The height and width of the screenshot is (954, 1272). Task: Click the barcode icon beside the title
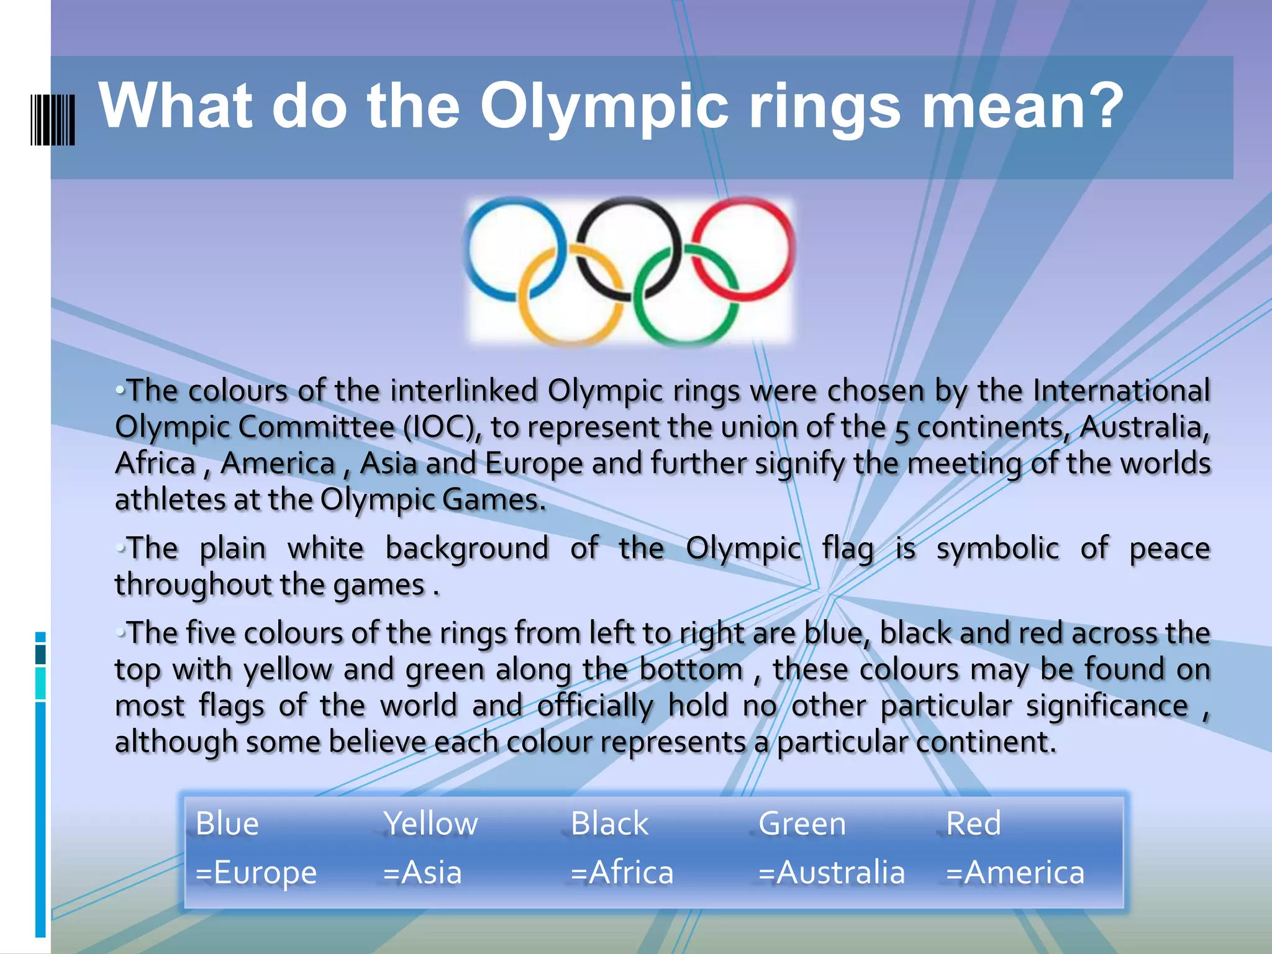click(53, 120)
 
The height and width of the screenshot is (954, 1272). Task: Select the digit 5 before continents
click(902, 429)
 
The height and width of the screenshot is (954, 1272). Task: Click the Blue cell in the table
click(227, 824)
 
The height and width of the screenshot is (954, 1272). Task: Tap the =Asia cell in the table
click(422, 872)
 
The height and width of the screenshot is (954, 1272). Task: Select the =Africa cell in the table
click(622, 872)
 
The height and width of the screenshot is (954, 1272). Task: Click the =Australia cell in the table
click(831, 872)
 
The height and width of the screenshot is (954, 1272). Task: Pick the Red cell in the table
click(973, 824)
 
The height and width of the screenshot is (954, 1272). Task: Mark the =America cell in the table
click(1015, 872)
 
